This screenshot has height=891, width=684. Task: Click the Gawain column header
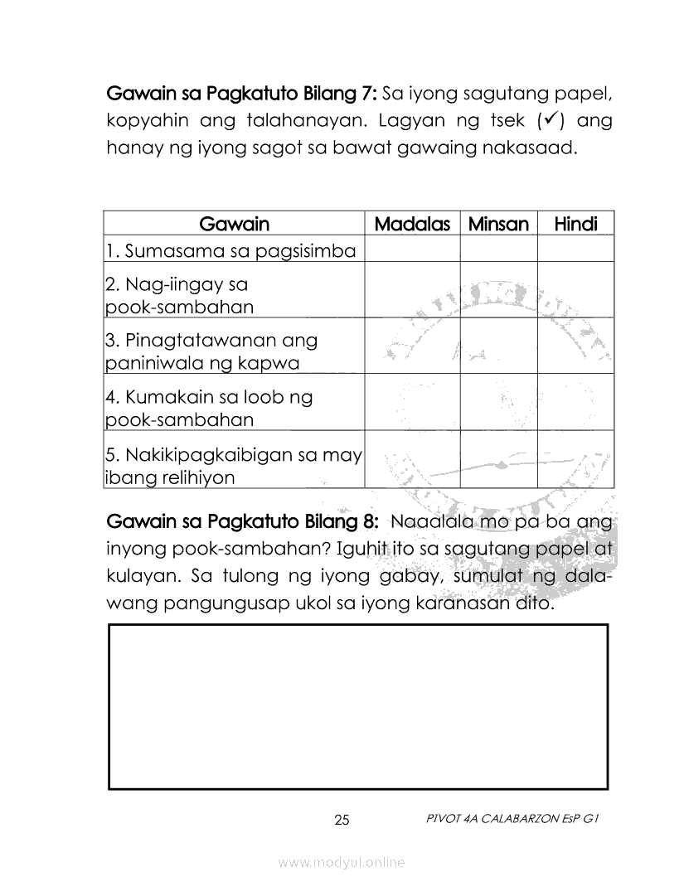[x=235, y=224]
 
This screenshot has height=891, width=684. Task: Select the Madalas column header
[x=412, y=224]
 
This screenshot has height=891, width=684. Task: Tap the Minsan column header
[x=498, y=224]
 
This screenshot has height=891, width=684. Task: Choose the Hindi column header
[x=575, y=224]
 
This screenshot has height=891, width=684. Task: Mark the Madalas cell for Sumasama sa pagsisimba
[x=412, y=250]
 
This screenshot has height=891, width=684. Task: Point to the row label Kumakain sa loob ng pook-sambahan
[x=209, y=408]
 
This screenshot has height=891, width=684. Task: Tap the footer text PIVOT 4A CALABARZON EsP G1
[x=511, y=818]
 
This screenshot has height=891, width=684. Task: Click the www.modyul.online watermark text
[x=342, y=863]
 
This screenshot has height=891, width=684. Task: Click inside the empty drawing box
[x=358, y=706]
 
